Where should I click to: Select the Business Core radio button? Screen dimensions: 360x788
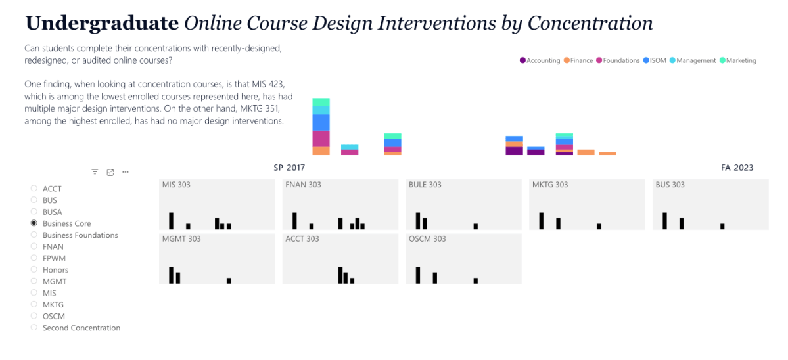coord(34,223)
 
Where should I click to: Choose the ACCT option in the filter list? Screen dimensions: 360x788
coord(34,189)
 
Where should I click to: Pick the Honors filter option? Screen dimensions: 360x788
coord(34,270)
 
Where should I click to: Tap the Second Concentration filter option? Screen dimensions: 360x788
coord(34,328)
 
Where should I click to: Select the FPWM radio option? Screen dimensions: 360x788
coord(34,258)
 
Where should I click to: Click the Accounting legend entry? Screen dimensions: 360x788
coord(540,60)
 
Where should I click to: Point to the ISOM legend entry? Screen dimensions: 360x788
coord(655,60)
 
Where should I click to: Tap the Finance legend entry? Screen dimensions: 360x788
coord(578,60)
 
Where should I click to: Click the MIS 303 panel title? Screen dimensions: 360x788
coord(176,185)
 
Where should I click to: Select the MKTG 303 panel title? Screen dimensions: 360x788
coord(549,185)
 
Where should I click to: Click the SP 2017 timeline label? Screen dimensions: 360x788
coord(289,168)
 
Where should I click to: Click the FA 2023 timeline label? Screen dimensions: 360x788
coord(737,168)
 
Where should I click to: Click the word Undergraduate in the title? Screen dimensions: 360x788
coord(102,23)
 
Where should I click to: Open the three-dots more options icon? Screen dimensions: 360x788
coord(126,172)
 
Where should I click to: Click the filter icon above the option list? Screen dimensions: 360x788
coord(95,172)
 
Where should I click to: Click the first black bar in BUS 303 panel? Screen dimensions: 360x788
coord(664,221)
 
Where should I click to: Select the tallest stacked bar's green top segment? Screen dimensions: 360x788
coord(321,102)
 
